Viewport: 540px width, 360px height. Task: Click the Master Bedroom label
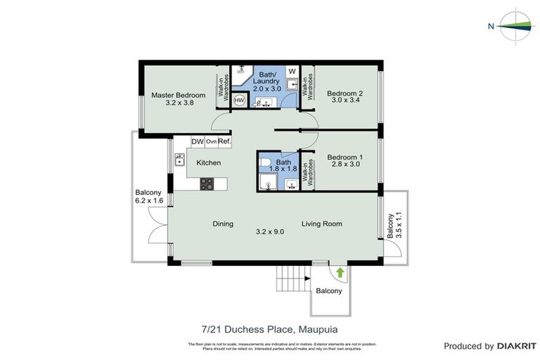[x=179, y=95]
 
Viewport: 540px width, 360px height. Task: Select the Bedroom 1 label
[x=345, y=157]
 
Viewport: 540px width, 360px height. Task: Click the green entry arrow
[x=340, y=271]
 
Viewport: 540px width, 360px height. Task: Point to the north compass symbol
[x=516, y=26]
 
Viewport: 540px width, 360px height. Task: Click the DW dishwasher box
[x=198, y=141]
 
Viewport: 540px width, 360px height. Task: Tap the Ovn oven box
[x=211, y=141]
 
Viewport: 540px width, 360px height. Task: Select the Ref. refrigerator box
[x=224, y=141]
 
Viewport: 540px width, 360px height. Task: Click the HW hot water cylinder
[x=239, y=101]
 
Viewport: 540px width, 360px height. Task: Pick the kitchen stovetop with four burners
[x=207, y=184]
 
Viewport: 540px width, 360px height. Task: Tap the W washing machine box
[x=292, y=72]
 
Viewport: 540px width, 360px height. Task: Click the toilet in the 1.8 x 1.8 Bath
[x=265, y=165]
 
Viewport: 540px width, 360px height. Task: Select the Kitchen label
[x=208, y=163]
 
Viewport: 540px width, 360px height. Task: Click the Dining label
[x=223, y=224]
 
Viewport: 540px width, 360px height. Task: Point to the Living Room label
[x=322, y=224]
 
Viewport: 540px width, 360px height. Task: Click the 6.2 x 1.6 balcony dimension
[x=148, y=201]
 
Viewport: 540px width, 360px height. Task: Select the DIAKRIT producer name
[x=517, y=346]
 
